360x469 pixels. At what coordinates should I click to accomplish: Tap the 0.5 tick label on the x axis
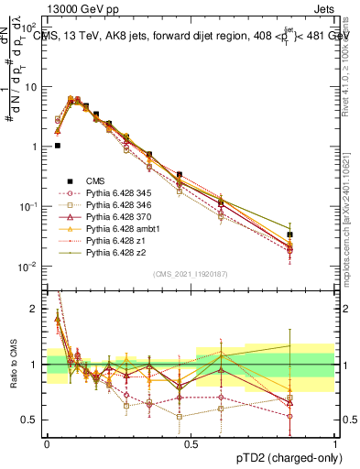point(191,442)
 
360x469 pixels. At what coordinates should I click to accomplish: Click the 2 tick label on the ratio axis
point(33,309)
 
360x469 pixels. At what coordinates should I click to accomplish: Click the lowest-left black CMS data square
point(57,145)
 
